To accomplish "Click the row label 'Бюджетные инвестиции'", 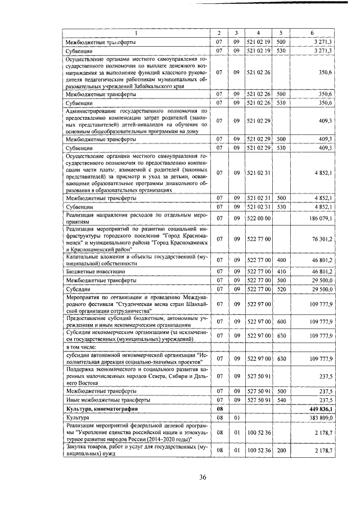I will coord(91,271).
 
